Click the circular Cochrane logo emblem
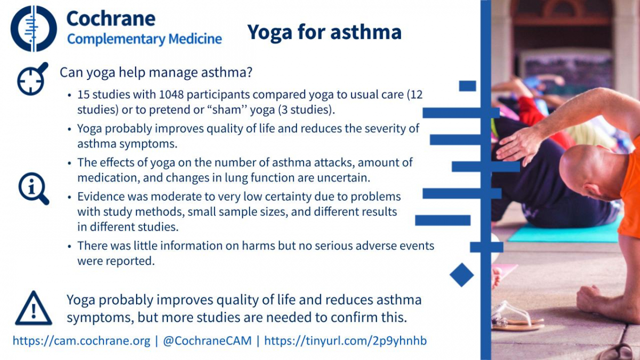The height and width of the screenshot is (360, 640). click(34, 29)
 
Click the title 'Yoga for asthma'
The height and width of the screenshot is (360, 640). click(324, 31)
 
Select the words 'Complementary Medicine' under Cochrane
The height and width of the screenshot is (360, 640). click(145, 39)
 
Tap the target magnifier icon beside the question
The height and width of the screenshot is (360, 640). click(33, 78)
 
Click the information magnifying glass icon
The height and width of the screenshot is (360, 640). click(34, 189)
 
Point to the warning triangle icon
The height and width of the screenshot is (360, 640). click(34, 308)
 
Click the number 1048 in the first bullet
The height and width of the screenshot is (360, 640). click(171, 94)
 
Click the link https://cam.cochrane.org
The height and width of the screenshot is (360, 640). click(82, 341)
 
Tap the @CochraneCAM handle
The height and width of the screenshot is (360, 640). click(207, 341)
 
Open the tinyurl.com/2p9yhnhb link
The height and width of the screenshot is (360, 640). click(346, 341)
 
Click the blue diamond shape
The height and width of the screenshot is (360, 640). click(462, 275)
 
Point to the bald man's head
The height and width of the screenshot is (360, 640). click(591, 171)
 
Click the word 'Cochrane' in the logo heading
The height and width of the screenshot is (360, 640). click(111, 19)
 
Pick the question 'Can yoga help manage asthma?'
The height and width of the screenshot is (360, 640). click(156, 73)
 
